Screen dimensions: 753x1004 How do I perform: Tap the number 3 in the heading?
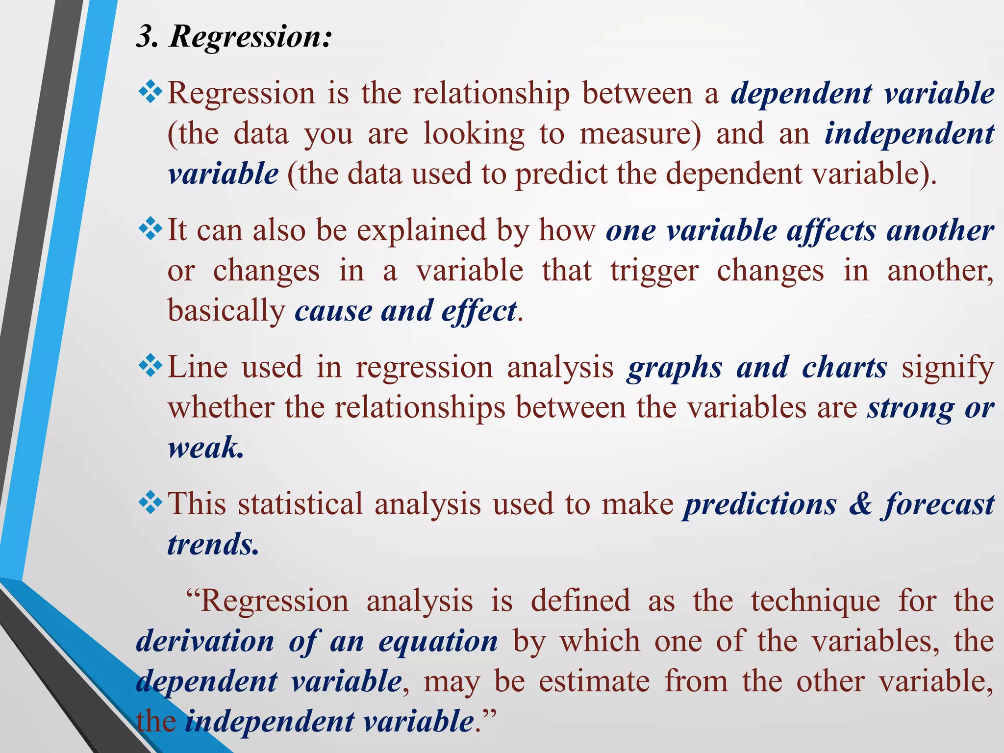[145, 37]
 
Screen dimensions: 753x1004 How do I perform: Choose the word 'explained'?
[421, 230]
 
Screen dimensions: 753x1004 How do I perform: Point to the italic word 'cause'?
[333, 311]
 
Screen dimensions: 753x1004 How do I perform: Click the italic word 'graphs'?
[675, 368]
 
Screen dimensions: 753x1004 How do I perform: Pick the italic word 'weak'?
[204, 447]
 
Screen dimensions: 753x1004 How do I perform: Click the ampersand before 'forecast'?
[861, 504]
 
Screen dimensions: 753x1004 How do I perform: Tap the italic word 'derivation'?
[205, 641]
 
